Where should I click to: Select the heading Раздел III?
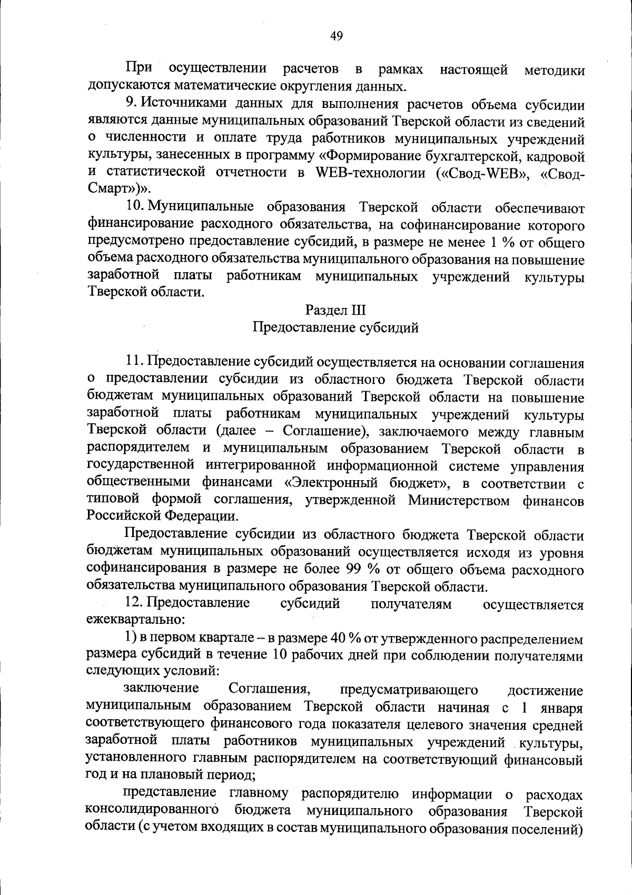click(335, 310)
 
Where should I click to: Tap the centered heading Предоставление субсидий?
click(335, 327)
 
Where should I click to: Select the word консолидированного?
click(152, 810)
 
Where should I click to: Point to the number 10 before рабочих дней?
click(281, 655)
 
